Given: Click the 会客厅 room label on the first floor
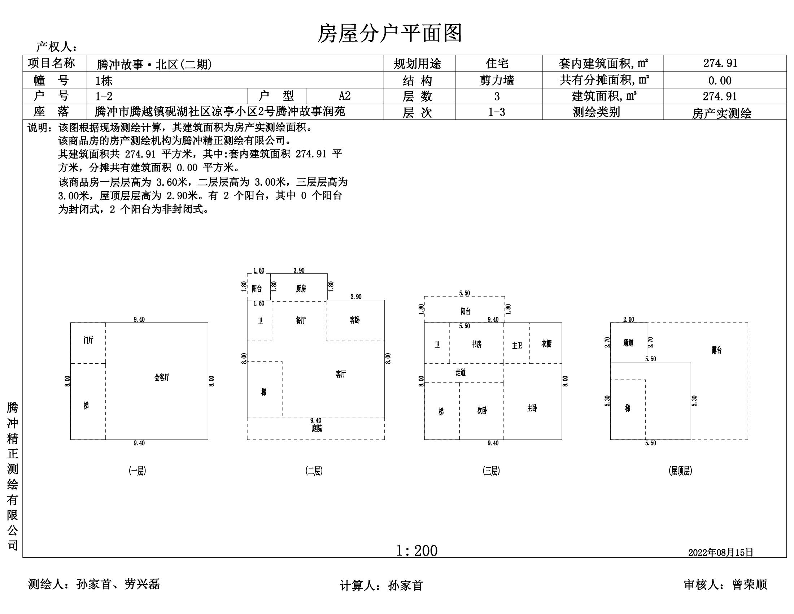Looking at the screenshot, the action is (162, 377).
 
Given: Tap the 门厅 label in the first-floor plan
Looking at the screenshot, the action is (88, 340).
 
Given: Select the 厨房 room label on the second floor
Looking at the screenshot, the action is (301, 289).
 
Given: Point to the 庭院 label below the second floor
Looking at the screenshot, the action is (317, 428).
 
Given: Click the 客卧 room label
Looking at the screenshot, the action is (354, 320).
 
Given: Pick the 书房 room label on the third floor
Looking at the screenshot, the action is (477, 344).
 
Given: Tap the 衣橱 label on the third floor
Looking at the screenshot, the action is (546, 343).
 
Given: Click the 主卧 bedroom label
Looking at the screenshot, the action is (532, 408).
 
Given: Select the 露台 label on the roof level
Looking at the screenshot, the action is (716, 350).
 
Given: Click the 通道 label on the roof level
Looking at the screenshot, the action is (628, 343).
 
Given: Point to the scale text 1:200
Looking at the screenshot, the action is (416, 551).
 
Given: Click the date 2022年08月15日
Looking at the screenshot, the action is (721, 553).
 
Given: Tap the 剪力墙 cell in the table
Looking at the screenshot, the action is (497, 80).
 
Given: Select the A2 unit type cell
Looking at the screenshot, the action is (345, 96).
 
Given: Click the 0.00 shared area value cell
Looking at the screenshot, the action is (720, 81).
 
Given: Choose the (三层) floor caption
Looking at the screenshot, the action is (491, 471).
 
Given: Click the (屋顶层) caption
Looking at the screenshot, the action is (680, 471).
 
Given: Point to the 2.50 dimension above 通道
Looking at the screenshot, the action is (629, 319).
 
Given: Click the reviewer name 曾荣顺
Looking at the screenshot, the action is (750, 584).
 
